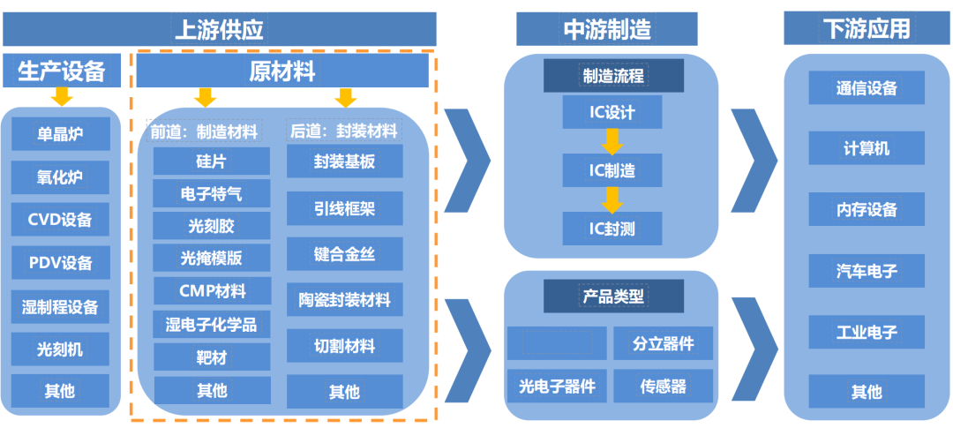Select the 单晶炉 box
61,134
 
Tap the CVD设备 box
61,220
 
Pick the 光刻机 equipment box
61,349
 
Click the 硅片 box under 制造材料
212,162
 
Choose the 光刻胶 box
212,226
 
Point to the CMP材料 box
212,290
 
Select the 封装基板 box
344,162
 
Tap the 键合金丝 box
344,254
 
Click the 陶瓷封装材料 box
344,300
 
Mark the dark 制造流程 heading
612,76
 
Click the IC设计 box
612,113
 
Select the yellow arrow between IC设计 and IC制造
612,141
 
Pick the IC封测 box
612,229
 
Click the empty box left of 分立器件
557,343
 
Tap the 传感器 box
664,386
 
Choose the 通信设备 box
867,88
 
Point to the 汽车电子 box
867,271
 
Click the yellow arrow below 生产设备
62,96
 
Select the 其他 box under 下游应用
867,391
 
